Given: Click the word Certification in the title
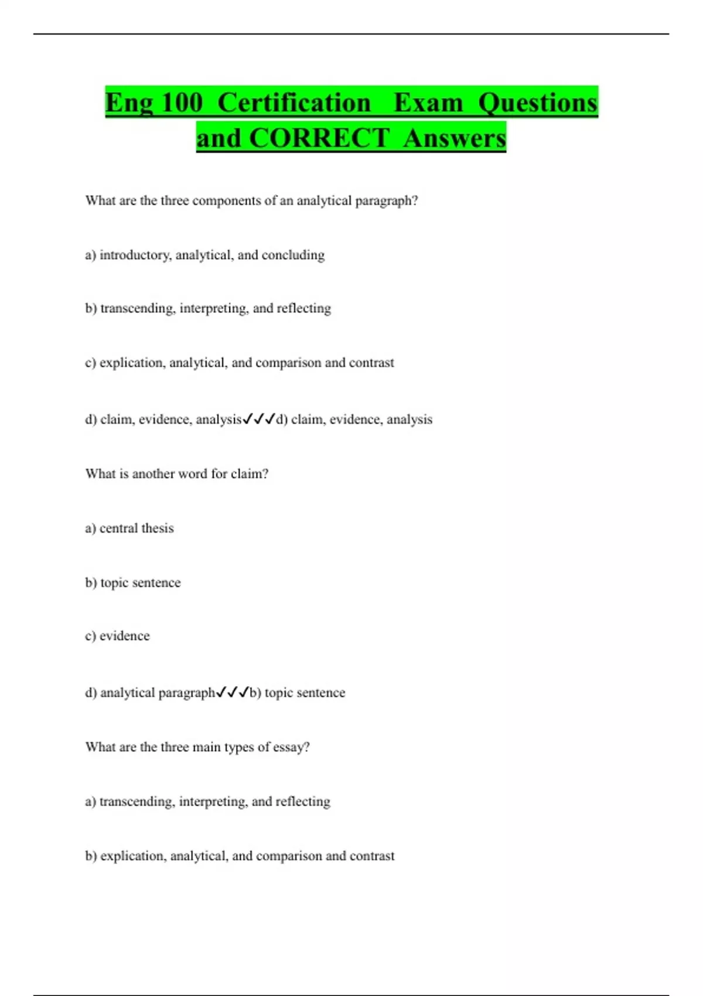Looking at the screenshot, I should tap(294, 103).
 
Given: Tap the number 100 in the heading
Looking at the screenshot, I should tap(182, 103).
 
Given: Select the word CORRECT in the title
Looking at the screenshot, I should tap(319, 138).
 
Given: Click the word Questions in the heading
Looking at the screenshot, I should tap(538, 103).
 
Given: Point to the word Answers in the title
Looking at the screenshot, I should tap(455, 138).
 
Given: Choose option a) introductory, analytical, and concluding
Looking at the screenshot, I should tap(204, 255).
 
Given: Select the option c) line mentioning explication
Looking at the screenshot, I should tap(239, 363).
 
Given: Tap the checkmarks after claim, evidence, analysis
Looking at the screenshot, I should tap(258, 419).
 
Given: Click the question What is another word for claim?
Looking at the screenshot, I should tap(176, 473).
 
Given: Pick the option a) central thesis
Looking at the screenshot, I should tap(129, 528).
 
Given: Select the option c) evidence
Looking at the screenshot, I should tap(117, 636).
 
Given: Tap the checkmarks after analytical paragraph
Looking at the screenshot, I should tap(233, 693).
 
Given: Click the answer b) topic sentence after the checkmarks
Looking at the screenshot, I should tap(298, 693).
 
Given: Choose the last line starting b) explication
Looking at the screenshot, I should tap(240, 856).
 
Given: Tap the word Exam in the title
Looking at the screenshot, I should tap(428, 103).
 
